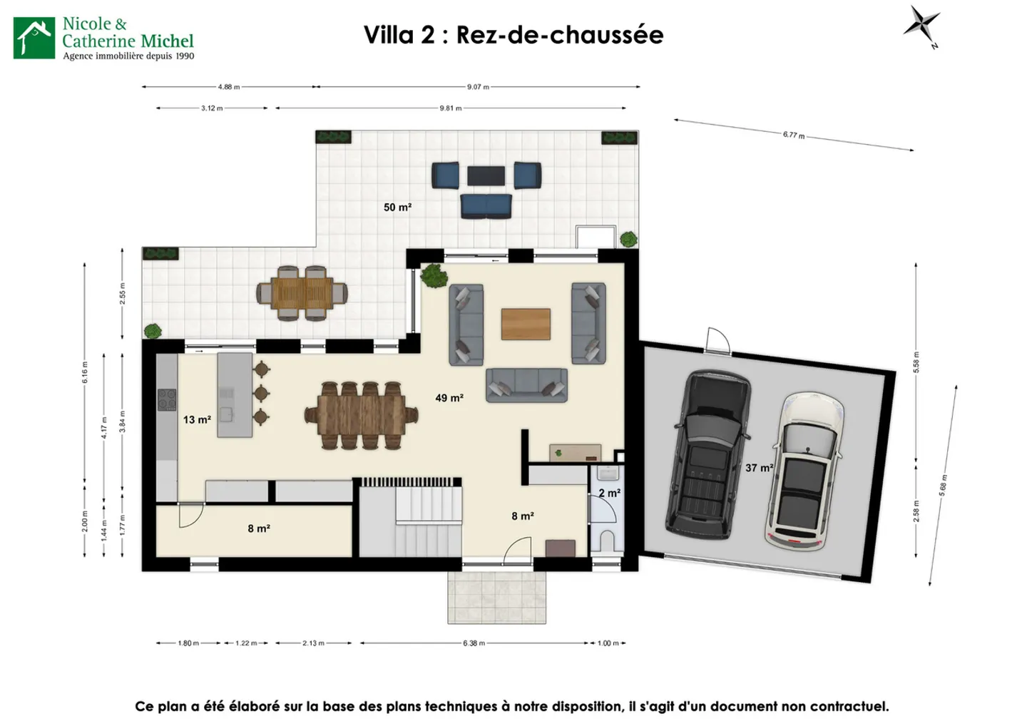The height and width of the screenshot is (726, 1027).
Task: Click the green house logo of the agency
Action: [34, 38]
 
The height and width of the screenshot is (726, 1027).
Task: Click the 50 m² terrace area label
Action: [397, 208]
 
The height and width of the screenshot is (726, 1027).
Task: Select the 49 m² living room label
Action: [449, 398]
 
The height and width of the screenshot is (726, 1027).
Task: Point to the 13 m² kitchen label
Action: [197, 420]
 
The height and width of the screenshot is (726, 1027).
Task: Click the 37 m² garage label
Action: [759, 468]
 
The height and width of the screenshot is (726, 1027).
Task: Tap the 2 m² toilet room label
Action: [609, 493]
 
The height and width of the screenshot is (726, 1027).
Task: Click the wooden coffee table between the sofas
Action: [526, 324]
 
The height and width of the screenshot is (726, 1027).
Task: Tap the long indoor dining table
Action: [361, 416]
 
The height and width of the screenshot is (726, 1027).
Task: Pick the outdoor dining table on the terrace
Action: [302, 292]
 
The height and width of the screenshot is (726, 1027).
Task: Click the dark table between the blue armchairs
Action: [486, 175]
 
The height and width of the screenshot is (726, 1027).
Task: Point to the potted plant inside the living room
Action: [433, 275]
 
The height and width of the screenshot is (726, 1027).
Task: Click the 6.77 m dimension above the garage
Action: [793, 135]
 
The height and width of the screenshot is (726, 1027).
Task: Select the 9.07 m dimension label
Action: [478, 87]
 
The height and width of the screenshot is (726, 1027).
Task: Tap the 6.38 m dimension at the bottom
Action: [474, 643]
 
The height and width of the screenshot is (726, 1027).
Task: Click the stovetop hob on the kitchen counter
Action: [167, 399]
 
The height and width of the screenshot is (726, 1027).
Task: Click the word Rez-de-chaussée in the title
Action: [560, 35]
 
